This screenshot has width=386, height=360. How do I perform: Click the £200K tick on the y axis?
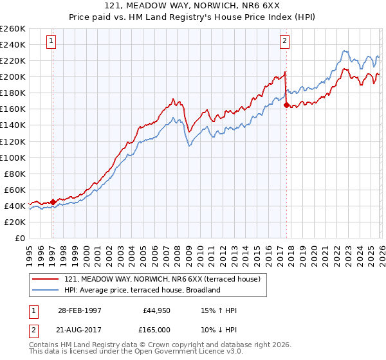(x=13, y=76)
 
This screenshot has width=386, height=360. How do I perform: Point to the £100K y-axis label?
(x=13, y=157)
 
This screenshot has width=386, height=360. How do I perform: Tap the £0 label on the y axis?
(x=19, y=238)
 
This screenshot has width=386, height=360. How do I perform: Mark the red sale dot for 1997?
(x=53, y=202)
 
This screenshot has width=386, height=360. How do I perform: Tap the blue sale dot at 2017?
(x=286, y=105)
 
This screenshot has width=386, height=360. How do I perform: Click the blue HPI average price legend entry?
(x=142, y=290)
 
